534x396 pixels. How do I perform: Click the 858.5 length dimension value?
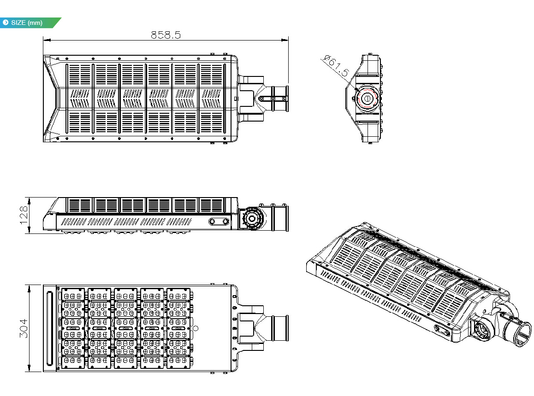click(166, 35)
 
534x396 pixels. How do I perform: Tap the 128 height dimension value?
click(24, 215)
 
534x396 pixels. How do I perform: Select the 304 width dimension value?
click(24, 328)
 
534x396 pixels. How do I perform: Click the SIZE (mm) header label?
click(27, 23)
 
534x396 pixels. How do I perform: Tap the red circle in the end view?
click(367, 99)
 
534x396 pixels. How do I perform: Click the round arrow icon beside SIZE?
click(6, 23)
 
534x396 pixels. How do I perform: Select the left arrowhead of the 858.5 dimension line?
click(47, 40)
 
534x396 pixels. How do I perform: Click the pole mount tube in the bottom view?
click(280, 328)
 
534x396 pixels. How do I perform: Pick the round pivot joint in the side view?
click(251, 218)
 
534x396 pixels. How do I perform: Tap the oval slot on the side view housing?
click(219, 221)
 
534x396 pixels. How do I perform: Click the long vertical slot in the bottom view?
click(50, 328)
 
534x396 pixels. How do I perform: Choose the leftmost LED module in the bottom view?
click(73, 328)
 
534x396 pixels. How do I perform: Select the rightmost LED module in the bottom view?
click(178, 328)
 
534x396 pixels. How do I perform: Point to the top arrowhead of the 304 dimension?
click(30, 289)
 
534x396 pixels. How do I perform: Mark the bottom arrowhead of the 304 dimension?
click(30, 368)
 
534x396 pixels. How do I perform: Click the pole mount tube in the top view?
click(280, 99)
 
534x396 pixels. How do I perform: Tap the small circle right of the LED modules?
click(196, 329)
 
